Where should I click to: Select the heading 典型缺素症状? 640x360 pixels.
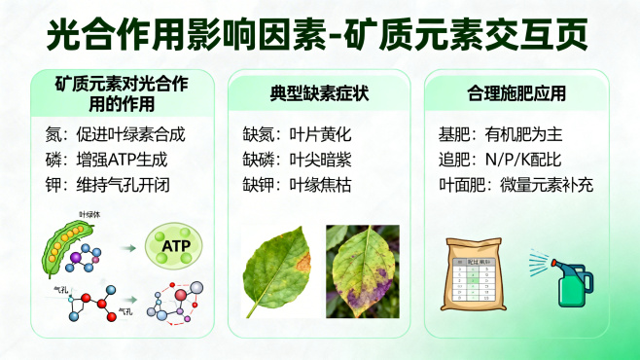coord(319,94)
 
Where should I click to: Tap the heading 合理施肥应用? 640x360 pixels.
coord(516,94)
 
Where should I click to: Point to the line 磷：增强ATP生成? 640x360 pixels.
coord(107,158)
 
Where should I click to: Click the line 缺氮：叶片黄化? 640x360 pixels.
coord(295,133)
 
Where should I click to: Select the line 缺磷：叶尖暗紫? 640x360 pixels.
coord(295,158)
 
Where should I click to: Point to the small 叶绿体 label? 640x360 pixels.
coord(89,213)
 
